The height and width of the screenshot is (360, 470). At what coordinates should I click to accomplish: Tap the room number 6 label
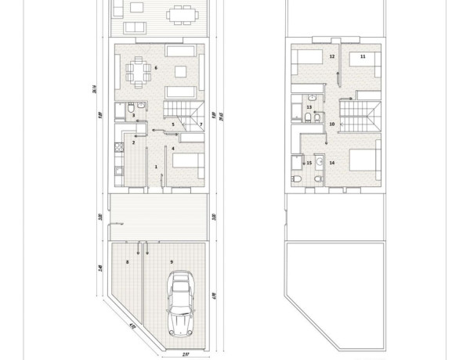tap(156, 69)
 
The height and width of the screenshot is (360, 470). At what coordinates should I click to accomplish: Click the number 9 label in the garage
tap(170, 261)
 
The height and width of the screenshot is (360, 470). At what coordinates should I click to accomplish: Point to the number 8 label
tap(127, 261)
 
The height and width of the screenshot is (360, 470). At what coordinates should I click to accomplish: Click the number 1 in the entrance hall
tap(156, 167)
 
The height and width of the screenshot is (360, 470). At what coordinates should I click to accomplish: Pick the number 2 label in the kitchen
tap(134, 142)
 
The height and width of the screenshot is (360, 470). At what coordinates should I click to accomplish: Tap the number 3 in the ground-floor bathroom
tap(134, 116)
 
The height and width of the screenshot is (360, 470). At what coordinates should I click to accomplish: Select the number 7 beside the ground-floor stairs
tap(201, 124)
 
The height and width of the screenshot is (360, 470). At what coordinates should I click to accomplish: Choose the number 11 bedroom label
tap(363, 56)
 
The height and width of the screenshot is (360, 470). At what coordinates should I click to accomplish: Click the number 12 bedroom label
tap(332, 56)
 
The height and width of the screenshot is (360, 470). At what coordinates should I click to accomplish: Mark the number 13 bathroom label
tap(309, 107)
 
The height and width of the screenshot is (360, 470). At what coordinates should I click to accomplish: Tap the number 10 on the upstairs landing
tap(332, 124)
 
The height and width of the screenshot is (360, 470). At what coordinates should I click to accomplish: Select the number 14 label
tap(332, 163)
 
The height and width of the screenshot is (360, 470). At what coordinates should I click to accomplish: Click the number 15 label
tap(309, 163)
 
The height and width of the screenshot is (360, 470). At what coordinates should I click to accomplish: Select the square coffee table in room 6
tap(179, 73)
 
